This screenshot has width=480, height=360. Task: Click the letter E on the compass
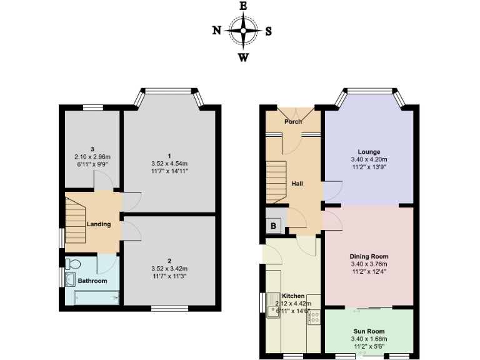pyautogui.click(x=243, y=6)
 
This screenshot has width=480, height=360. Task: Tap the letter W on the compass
pyautogui.click(x=243, y=58)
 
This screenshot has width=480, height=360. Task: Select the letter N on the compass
pyautogui.click(x=216, y=31)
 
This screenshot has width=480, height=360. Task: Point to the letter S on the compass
pyautogui.click(x=268, y=31)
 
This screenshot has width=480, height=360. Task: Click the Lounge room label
pyautogui.click(x=369, y=152)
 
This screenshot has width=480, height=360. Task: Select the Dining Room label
pyautogui.click(x=369, y=256)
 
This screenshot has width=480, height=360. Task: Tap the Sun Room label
pyautogui.click(x=369, y=331)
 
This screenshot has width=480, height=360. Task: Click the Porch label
pyautogui.click(x=293, y=121)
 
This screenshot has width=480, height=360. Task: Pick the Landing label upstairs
pyautogui.click(x=99, y=224)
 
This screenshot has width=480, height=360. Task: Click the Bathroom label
pyautogui.click(x=92, y=281)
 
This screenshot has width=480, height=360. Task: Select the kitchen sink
pyautogui.click(x=272, y=306)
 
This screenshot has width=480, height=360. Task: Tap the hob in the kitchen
pyautogui.click(x=313, y=317)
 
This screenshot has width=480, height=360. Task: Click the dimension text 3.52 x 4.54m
pyautogui.click(x=169, y=162)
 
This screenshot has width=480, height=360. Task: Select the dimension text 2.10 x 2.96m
pyautogui.click(x=92, y=157)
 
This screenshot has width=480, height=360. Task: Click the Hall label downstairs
pyautogui.click(x=297, y=184)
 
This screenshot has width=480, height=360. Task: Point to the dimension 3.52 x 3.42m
pyautogui.click(x=169, y=269)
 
